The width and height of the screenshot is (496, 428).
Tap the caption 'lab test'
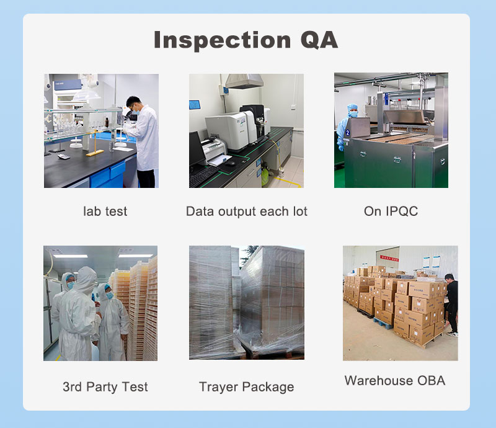tap(105, 212)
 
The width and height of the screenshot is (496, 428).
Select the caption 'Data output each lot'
tap(247, 212)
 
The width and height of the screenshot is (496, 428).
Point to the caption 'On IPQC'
tap(391, 212)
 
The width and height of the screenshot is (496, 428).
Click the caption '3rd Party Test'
tap(105, 387)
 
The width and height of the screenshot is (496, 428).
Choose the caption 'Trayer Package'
tap(247, 387)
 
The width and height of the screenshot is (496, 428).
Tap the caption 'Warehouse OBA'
tap(395, 380)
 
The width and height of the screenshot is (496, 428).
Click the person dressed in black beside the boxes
tap(451, 303)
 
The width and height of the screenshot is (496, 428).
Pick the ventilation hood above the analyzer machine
tap(244, 81)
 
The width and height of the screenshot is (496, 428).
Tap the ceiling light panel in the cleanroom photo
tap(71, 256)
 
